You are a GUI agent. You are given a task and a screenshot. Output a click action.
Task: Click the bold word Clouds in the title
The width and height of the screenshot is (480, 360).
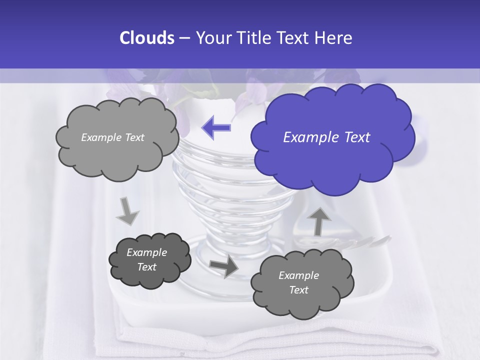point(146,38)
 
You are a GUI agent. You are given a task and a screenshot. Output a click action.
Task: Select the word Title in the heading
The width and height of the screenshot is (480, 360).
point(253,38)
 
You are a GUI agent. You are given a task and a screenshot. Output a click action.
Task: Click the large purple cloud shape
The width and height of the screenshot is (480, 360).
point(332,137)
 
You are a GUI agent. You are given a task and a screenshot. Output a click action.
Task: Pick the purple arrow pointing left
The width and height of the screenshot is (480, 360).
point(216,127)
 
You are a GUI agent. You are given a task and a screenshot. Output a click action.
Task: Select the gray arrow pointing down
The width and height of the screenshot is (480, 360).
point(127,211)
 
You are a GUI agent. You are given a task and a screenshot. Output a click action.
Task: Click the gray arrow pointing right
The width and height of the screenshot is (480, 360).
point(223,266)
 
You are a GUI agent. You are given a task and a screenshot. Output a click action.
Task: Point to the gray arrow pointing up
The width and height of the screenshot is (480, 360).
point(319,221)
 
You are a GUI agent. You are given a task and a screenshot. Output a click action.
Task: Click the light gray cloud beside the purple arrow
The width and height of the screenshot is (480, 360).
point(117,137)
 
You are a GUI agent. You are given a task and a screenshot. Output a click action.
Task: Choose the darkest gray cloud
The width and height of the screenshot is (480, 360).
point(149,260)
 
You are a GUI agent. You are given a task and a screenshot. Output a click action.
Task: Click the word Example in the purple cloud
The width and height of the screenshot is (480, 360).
point(311,137)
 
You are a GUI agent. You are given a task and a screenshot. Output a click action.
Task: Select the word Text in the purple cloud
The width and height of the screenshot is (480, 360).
point(357,137)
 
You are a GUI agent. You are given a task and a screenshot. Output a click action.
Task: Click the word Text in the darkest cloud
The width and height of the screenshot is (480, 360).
point(147,267)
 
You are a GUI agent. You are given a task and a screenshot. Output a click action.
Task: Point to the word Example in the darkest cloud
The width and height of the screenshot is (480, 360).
point(147,252)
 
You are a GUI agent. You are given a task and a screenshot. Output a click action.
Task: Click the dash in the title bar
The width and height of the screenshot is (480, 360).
point(184,38)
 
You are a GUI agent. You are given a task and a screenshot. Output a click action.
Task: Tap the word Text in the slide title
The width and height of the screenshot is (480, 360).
point(294,38)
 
